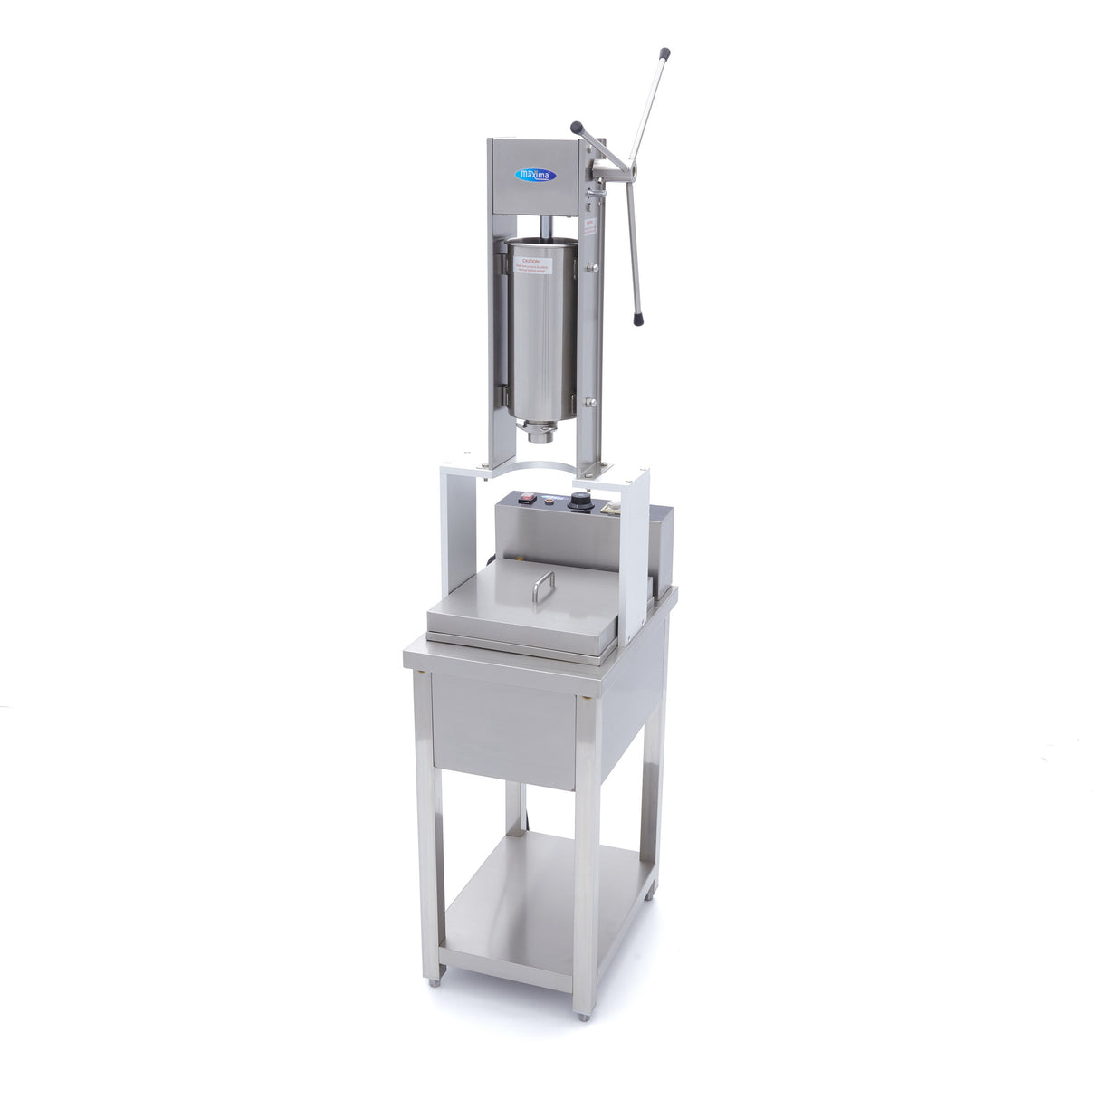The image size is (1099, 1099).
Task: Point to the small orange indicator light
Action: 549,498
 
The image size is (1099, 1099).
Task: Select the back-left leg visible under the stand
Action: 513,806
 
